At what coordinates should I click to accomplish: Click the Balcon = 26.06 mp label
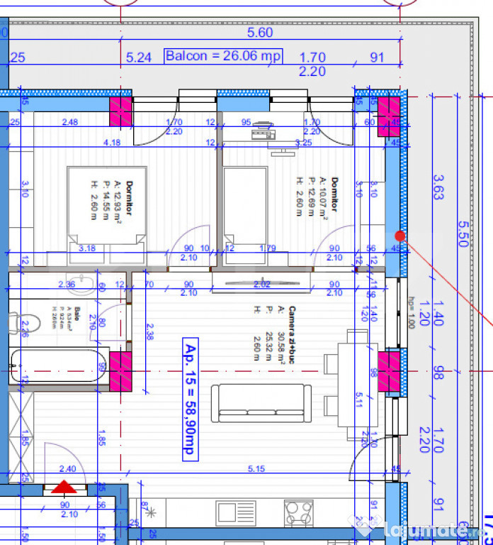pos(223,56)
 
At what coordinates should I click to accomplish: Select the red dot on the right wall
pos(399,235)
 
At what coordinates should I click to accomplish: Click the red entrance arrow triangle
pos(64,487)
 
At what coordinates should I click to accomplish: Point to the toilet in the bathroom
pos(16,324)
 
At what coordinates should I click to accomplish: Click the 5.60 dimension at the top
pos(260,33)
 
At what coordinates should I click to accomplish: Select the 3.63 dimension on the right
pos(438,187)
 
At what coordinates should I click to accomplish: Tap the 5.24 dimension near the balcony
pos(138,57)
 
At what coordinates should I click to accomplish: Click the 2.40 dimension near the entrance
pos(67,468)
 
